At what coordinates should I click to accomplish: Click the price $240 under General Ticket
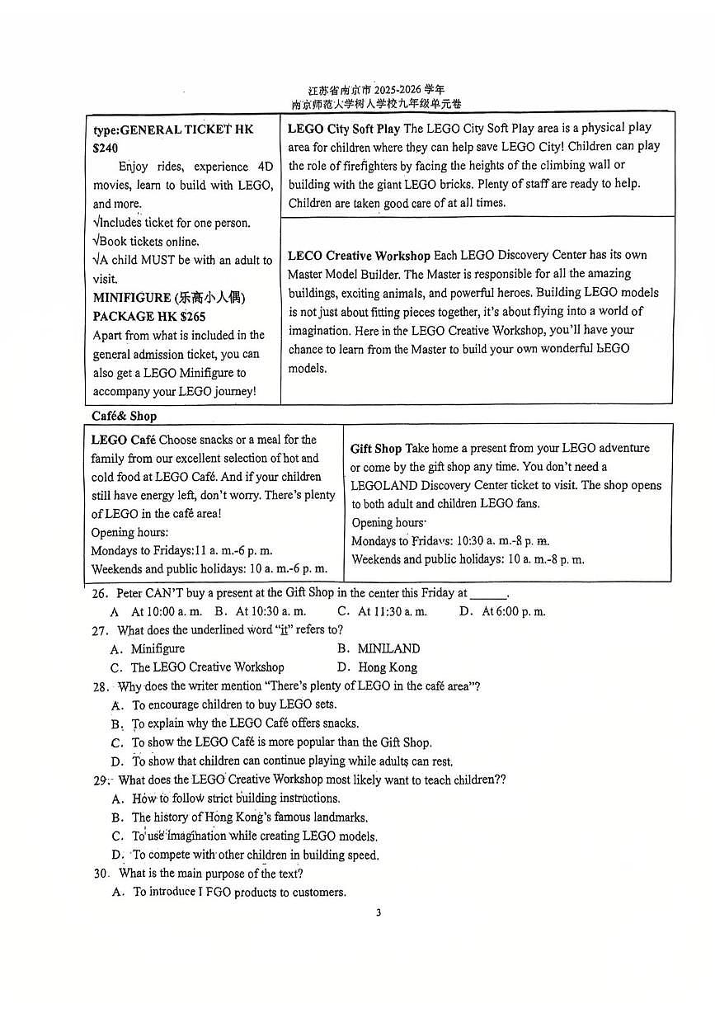[106, 148]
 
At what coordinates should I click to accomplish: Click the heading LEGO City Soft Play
[344, 129]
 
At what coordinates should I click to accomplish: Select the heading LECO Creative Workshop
[359, 256]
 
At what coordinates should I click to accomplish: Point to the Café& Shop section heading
[124, 417]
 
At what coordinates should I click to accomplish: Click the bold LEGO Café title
[123, 440]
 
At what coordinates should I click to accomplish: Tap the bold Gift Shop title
[375, 449]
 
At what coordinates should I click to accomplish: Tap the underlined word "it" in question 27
[284, 630]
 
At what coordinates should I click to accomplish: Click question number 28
[100, 686]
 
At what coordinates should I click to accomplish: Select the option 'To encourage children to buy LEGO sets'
[234, 705]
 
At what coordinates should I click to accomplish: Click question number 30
[101, 874]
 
